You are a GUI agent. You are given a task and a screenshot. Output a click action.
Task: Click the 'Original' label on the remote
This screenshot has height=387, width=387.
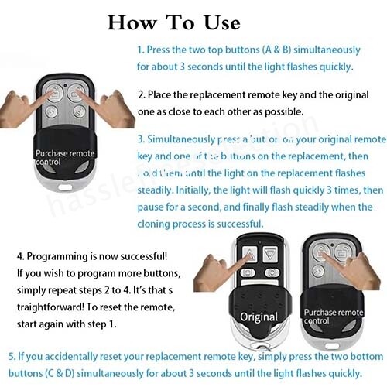pos(259,317)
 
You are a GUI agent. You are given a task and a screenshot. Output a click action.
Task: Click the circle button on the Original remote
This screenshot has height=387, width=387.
pos(272,272)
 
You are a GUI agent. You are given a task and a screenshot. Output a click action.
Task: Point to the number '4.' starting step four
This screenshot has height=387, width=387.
pos(21,256)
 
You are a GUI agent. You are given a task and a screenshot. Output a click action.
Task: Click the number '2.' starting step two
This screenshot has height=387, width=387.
pos(142,94)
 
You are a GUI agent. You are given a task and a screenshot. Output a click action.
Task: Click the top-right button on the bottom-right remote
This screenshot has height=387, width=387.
pos(340,252)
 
